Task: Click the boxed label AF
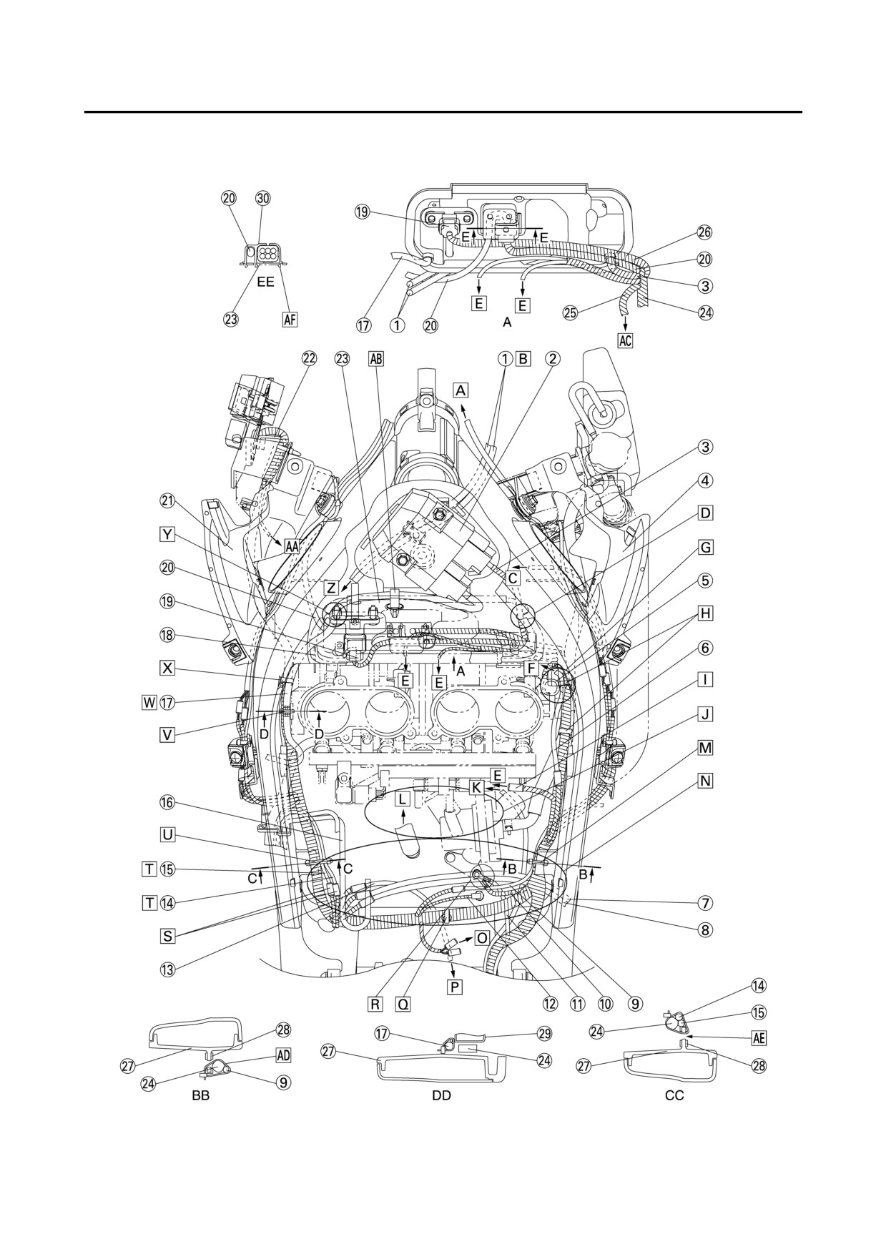pos(290,320)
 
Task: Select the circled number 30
pos(263,198)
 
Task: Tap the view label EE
pos(265,282)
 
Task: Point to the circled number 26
pos(705,232)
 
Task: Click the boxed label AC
pos(625,340)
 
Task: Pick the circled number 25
pos(570,312)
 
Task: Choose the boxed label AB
pos(376,358)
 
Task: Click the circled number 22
pos(308,358)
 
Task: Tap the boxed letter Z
pos(331,588)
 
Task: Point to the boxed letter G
pos(705,548)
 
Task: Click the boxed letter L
pos(403,797)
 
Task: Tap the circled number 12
pos(549,1003)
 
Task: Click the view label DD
pos(442,1095)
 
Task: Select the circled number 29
pos(545,1034)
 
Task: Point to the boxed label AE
pos(758,1038)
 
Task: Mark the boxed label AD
pos(284,1055)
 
